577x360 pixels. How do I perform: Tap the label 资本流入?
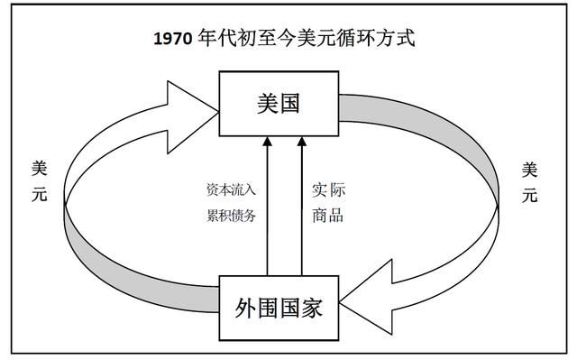(x=232, y=190)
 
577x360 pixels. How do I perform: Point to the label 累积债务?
(x=232, y=215)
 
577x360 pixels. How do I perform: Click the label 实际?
(x=328, y=190)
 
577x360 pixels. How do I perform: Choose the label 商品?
(x=328, y=215)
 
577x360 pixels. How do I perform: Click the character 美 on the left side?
(x=40, y=168)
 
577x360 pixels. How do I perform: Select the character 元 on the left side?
(x=40, y=194)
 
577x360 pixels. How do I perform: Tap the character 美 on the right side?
(x=530, y=168)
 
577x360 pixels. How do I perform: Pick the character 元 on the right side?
(x=530, y=194)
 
